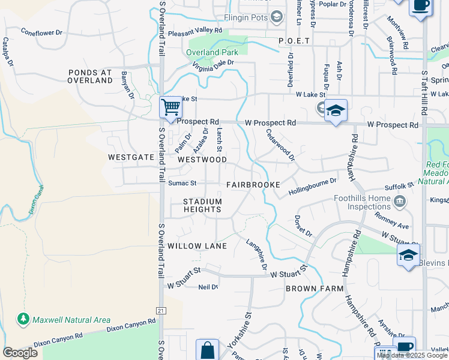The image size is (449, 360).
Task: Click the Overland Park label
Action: tap(212, 52)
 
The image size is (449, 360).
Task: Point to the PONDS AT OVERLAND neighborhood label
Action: tap(91, 76)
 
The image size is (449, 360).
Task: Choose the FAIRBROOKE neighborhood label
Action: tap(250, 184)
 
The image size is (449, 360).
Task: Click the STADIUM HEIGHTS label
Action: tap(202, 205)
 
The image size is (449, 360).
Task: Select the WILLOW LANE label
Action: tap(197, 246)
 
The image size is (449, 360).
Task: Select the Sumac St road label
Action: tap(182, 183)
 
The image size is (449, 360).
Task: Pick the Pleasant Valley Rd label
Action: tap(195, 32)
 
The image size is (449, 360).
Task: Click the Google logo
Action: tap(20, 353)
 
